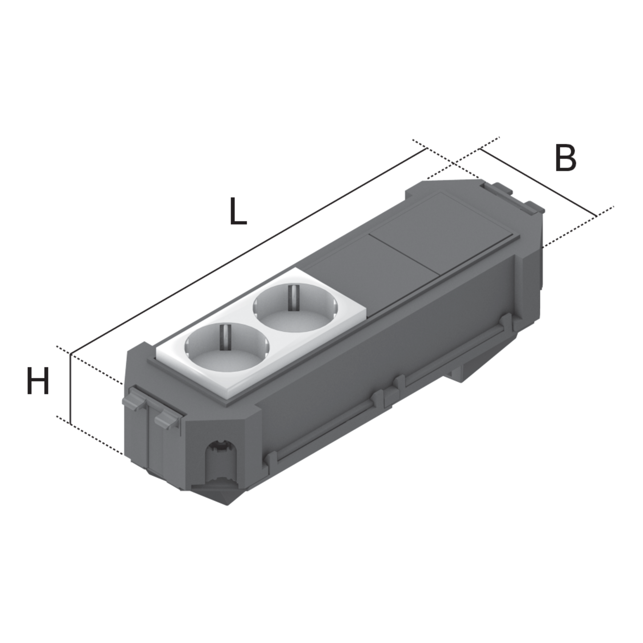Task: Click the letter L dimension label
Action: pos(238,211)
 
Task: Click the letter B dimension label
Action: pos(566,158)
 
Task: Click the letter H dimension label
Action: pos(38,381)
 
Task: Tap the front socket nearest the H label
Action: pos(227,347)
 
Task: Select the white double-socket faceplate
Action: pos(261,332)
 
